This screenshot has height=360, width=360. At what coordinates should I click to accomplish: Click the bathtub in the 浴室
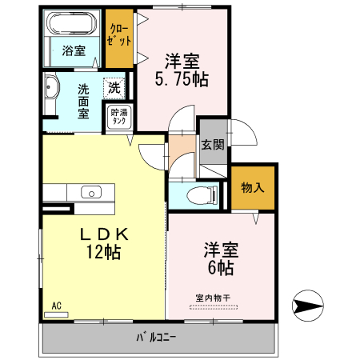coord(71,23)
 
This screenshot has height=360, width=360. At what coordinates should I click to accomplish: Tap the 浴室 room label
coord(74,50)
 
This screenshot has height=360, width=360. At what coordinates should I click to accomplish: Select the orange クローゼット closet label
coord(119,34)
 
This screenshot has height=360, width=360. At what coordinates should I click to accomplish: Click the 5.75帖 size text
coord(182,79)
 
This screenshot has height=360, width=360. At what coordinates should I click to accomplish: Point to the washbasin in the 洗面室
coord(51,87)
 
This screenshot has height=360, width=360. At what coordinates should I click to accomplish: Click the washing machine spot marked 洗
coord(114,88)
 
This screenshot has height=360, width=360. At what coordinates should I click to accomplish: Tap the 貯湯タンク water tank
coord(119,117)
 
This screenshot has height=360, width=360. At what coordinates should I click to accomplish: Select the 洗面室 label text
coord(83,102)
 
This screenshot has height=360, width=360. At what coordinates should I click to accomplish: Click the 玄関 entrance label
coord(213,145)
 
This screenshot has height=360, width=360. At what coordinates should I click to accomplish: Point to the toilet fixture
coord(202,195)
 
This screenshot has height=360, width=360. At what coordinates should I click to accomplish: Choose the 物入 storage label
coord(253,187)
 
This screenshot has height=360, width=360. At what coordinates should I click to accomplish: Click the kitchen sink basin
coord(91,192)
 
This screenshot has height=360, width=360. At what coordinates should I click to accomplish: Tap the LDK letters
coord(104,234)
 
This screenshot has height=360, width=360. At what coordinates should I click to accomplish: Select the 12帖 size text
coord(103,252)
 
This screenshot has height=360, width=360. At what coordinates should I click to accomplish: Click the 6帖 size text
coord(221,268)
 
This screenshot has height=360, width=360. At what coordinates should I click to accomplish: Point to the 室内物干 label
coord(213,298)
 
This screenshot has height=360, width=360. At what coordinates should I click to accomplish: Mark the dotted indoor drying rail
coord(214,307)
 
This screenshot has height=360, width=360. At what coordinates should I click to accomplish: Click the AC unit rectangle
coord(56,315)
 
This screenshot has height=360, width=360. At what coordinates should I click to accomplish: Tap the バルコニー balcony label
coord(156,338)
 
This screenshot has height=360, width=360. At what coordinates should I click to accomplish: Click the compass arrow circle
coord(308,306)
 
